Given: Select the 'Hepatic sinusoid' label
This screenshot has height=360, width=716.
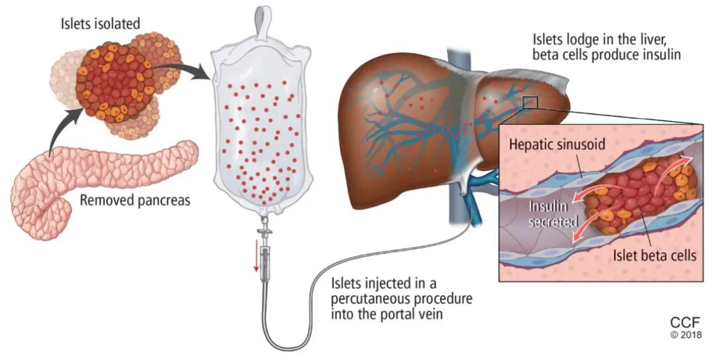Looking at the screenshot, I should pyautogui.click(x=557, y=145).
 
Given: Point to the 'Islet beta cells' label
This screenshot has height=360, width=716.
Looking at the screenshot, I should pyautogui.click(x=652, y=255).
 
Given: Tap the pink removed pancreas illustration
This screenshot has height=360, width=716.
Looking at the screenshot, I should pyautogui.click(x=99, y=179).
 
